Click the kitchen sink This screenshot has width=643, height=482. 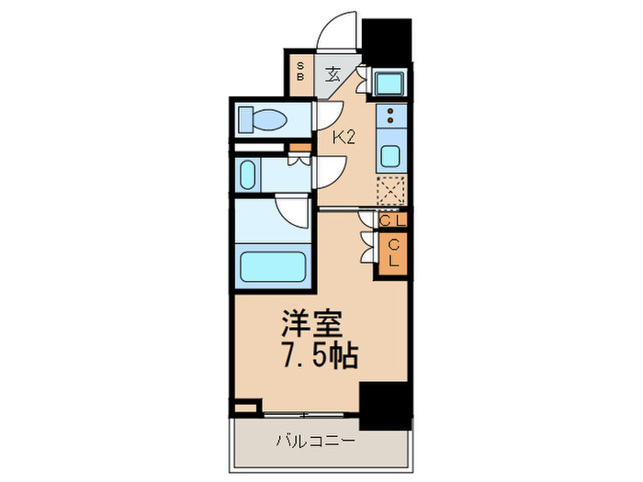[390, 154]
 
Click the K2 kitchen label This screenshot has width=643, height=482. [344, 139]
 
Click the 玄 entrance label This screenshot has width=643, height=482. [333, 74]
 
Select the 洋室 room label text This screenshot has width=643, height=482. [310, 325]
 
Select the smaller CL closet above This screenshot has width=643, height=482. [392, 220]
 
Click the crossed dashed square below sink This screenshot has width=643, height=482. [391, 191]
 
